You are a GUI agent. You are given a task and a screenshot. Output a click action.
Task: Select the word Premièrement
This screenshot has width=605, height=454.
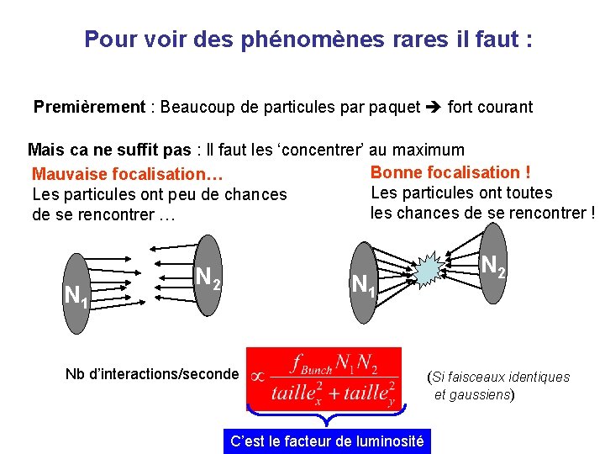(x=89, y=108)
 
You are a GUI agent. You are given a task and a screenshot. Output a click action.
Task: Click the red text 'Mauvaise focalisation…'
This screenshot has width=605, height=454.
(x=127, y=175)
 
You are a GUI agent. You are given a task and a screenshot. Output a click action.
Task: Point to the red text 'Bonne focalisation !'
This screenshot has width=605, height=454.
(x=450, y=172)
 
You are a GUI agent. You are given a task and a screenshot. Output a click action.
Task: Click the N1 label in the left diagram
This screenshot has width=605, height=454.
(x=76, y=295)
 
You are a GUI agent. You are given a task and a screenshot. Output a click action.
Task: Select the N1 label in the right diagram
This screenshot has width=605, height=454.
(x=363, y=284)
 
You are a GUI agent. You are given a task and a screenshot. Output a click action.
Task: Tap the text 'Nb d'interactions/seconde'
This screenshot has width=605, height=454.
(x=152, y=374)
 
